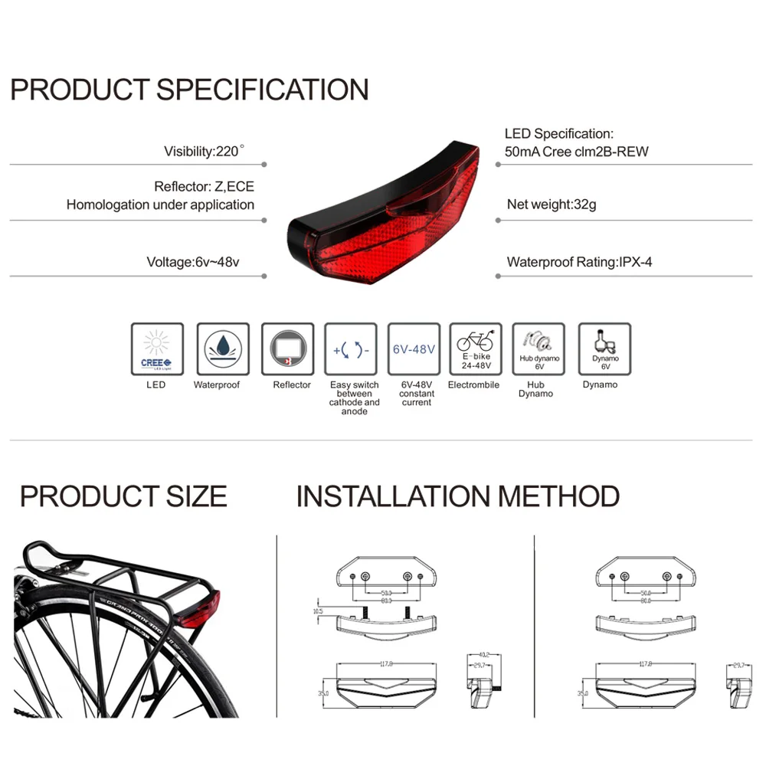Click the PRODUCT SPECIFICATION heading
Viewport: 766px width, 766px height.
coord(189,90)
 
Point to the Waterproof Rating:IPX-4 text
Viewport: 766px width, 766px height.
coord(580,262)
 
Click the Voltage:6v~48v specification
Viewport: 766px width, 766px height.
coord(193,262)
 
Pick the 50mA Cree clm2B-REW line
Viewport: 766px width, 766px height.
coord(576,152)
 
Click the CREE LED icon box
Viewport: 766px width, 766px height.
coord(157,349)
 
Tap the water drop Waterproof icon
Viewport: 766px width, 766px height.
coord(223,349)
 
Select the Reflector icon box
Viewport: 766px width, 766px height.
coord(288,349)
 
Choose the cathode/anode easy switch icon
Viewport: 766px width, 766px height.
coord(352,349)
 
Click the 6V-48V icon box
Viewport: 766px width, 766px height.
coord(414,349)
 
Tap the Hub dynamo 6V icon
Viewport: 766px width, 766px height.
coord(538,349)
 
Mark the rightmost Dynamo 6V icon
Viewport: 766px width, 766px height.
coord(604,349)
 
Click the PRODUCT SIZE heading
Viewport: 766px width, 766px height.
coord(123,496)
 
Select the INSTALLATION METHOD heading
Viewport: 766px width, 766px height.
coord(457,496)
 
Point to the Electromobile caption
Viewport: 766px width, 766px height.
coord(473,385)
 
